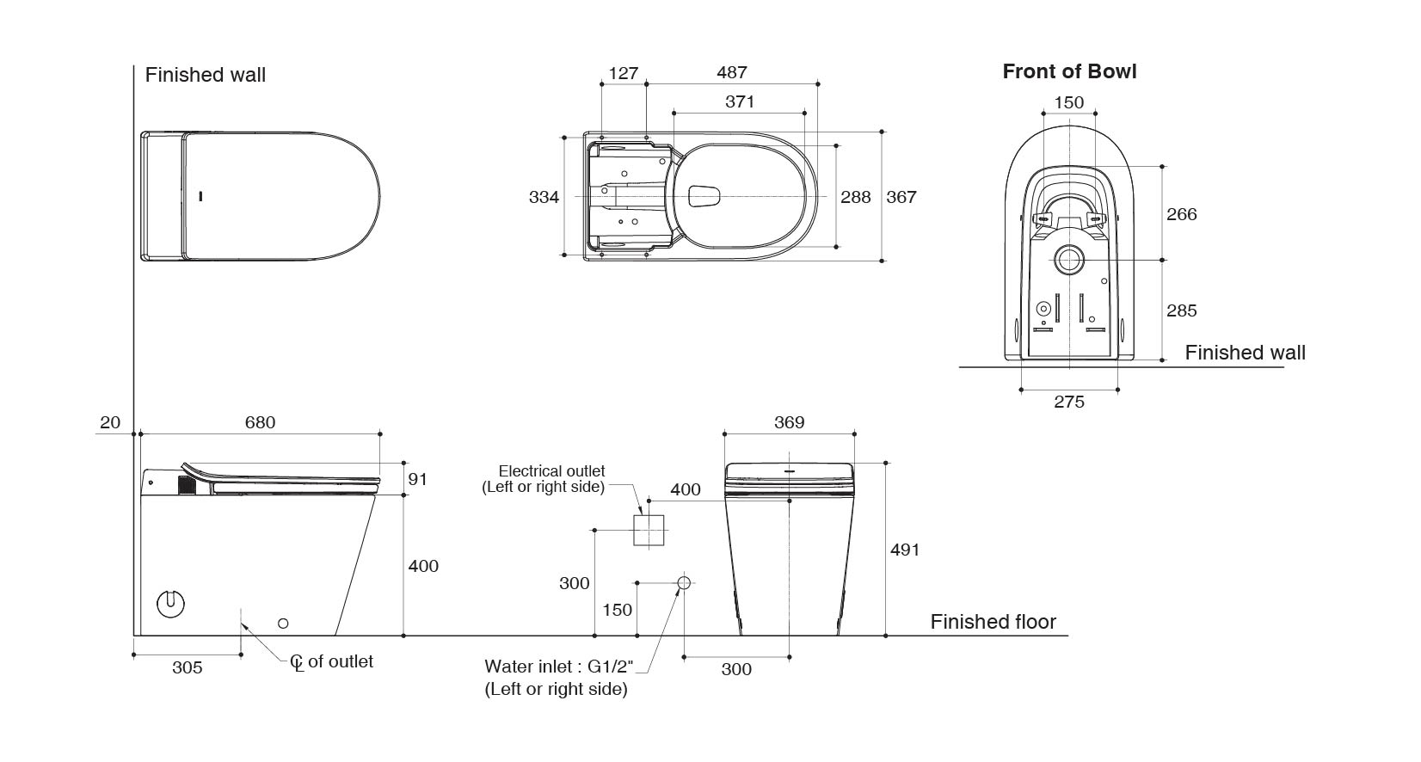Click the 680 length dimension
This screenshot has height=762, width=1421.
click(x=260, y=422)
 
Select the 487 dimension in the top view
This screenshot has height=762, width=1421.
click(x=732, y=73)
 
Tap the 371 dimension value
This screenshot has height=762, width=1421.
click(x=740, y=101)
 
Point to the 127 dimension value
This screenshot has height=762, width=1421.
click(x=623, y=73)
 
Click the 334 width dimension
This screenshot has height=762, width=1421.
click(x=544, y=197)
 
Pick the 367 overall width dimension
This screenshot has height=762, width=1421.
click(x=901, y=197)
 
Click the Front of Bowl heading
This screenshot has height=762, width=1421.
click(x=1069, y=71)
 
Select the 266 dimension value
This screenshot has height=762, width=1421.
click(x=1182, y=214)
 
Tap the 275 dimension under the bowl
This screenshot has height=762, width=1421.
click(x=1069, y=402)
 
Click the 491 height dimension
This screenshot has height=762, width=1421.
click(x=905, y=550)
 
